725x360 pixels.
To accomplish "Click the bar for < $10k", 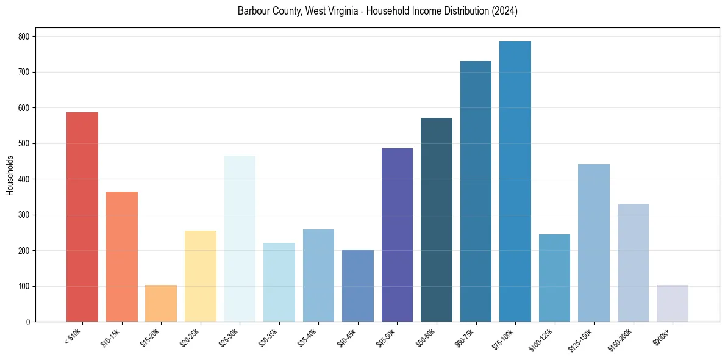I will (x=82, y=217).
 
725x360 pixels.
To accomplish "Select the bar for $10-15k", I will (x=121, y=256).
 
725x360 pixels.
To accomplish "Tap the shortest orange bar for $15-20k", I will (x=161, y=303).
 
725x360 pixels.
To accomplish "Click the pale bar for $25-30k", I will (x=240, y=239).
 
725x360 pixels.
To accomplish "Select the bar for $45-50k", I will (x=397, y=235).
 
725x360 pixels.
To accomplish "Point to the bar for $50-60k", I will (x=437, y=220).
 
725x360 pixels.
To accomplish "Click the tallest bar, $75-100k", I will (x=515, y=181).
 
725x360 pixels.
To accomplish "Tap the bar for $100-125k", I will (x=554, y=278).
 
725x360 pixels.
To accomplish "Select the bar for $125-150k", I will (x=594, y=243).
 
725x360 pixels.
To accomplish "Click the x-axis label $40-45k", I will (x=346, y=337).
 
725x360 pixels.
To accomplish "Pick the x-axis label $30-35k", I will (x=268, y=337).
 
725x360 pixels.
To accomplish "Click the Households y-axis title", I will (x=10, y=175).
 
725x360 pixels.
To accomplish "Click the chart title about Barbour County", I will (x=377, y=12).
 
